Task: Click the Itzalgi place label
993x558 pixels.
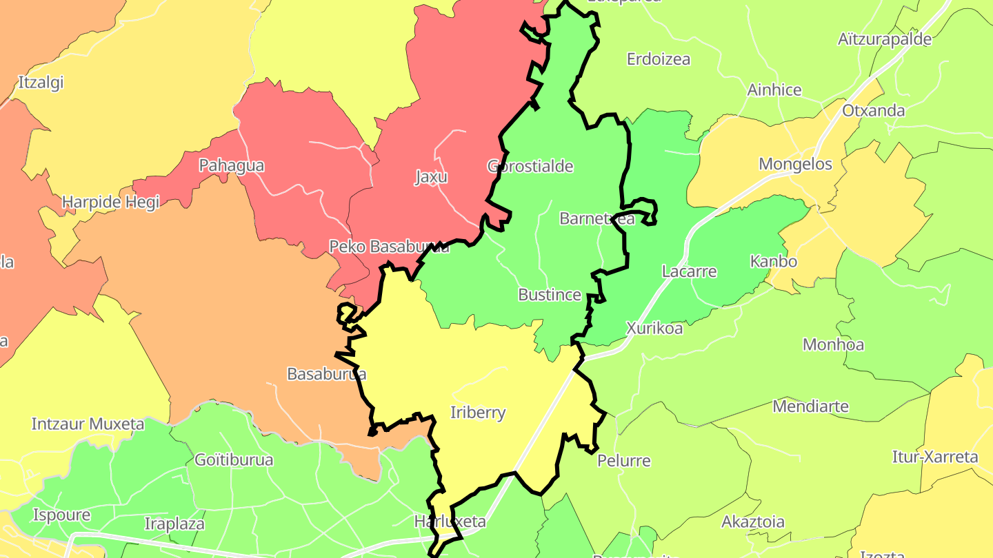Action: [41, 83]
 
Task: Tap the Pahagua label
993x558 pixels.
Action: [231, 165]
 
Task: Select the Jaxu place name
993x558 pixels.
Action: [431, 177]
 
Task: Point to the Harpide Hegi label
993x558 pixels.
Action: [110, 202]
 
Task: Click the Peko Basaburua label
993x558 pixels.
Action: [389, 247]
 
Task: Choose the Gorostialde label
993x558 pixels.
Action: [530, 166]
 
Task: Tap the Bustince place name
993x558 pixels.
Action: [550, 295]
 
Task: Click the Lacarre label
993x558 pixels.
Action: [689, 271]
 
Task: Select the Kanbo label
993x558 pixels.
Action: [773, 262]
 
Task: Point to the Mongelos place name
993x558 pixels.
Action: [795, 164]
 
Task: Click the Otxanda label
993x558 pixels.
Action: [873, 110]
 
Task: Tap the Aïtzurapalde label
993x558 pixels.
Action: [885, 39]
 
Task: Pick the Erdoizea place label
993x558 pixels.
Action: [658, 59]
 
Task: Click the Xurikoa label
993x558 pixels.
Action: [654, 329]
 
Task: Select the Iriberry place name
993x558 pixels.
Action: [477, 413]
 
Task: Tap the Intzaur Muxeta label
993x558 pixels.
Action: [88, 424]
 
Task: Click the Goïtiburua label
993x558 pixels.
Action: [234, 459]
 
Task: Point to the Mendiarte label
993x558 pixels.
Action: [810, 406]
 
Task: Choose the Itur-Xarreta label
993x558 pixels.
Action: [935, 457]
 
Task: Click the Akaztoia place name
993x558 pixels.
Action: [752, 521]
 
